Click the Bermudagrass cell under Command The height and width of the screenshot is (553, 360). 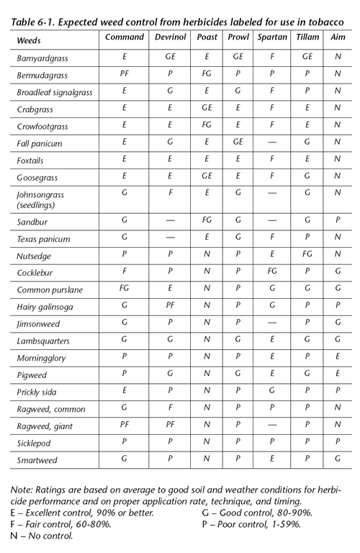pos(125,74)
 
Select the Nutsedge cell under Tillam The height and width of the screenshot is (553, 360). pos(307,256)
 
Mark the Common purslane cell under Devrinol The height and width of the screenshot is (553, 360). pos(171,290)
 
